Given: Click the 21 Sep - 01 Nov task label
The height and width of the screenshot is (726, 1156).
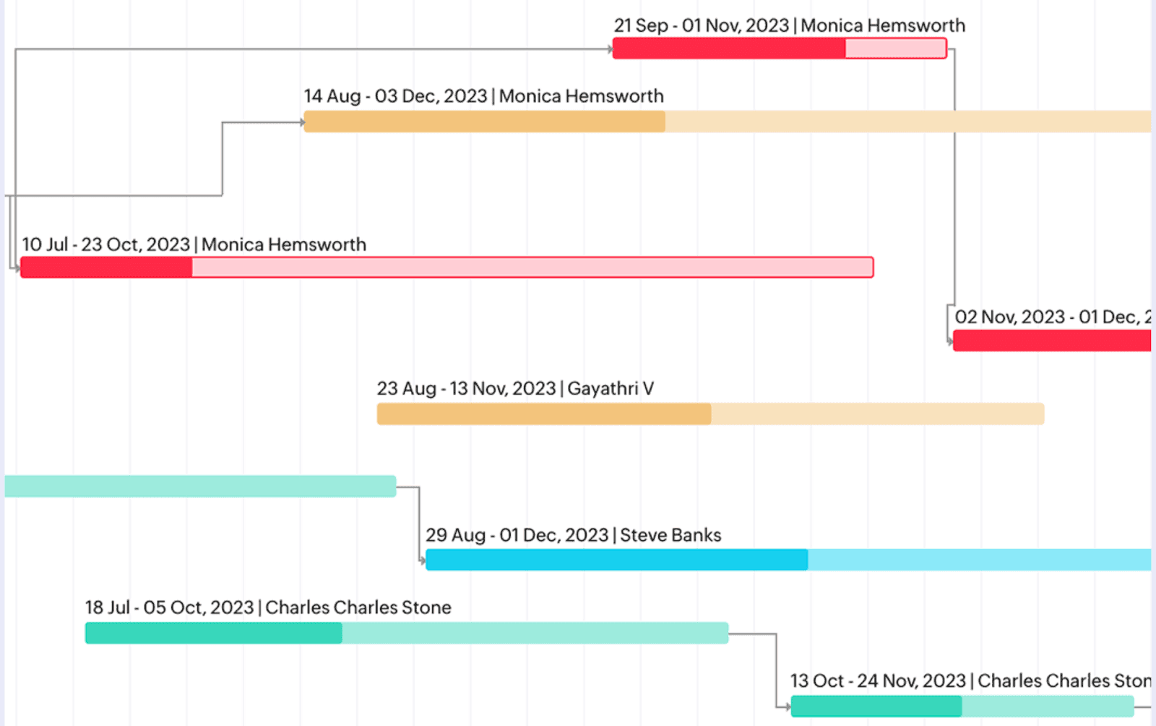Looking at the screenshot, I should (789, 25).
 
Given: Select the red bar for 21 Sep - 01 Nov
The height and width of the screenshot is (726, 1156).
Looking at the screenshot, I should (728, 48).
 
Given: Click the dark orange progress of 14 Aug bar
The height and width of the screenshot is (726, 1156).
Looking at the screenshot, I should (484, 121).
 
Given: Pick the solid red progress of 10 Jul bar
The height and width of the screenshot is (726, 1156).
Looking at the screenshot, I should (106, 268).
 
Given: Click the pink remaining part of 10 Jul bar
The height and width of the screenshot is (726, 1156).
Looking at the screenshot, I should (532, 268).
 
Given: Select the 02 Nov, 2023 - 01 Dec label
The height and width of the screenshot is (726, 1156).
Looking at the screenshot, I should (1051, 317).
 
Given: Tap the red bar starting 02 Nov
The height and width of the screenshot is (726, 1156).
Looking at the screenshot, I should (1051, 341).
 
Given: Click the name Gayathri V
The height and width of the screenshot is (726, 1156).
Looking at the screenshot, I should (611, 388).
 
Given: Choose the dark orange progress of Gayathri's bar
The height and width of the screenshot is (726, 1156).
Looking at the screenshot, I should (543, 414).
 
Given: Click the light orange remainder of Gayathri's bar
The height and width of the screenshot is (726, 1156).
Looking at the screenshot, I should (877, 414).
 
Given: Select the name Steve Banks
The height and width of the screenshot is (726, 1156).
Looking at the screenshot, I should (670, 535).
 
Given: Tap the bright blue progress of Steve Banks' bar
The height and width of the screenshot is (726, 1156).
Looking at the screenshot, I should (616, 560).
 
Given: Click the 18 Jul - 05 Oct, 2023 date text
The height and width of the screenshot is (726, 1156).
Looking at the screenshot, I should (170, 607).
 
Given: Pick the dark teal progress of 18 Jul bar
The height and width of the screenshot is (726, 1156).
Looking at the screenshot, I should (213, 633).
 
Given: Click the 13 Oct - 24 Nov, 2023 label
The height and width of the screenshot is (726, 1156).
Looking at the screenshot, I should (878, 680).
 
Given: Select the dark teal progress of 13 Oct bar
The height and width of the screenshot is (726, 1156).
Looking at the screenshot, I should (876, 706).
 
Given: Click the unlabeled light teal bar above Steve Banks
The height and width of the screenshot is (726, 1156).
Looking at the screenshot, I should (200, 486).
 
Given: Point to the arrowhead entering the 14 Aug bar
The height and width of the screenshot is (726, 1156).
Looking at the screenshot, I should (302, 122).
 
